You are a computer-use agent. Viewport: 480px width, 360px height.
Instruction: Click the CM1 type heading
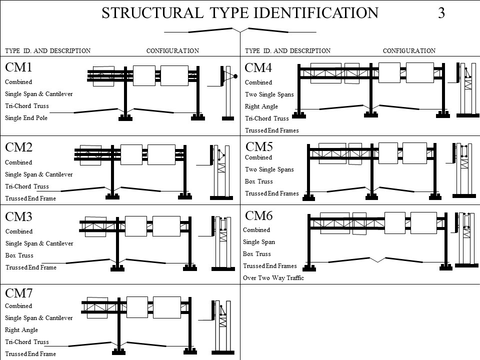click(x=18, y=67)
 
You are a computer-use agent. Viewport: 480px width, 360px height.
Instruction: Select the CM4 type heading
click(x=258, y=67)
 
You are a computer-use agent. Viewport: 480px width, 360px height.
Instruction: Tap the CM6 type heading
click(x=259, y=215)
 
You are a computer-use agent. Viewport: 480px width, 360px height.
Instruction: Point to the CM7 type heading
click(x=18, y=292)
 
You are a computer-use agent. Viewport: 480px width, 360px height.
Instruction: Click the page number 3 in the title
click(x=441, y=13)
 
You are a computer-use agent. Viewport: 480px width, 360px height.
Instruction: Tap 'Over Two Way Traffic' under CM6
click(x=273, y=277)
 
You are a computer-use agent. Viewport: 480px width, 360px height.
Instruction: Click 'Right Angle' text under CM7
click(x=21, y=330)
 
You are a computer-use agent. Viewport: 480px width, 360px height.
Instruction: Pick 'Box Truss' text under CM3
click(x=19, y=255)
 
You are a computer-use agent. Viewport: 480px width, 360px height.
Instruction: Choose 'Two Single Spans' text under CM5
click(x=269, y=169)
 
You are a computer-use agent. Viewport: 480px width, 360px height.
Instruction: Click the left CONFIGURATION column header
click(x=172, y=50)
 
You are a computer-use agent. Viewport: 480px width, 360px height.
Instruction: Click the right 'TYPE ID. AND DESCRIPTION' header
click(x=287, y=50)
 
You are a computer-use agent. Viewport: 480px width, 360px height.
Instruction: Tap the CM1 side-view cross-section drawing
click(x=227, y=92)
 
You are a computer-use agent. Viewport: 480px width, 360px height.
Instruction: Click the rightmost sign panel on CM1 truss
click(x=174, y=76)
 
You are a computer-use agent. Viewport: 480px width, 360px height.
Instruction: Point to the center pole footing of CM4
click(x=370, y=115)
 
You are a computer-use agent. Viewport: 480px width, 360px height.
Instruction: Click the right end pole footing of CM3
click(x=190, y=268)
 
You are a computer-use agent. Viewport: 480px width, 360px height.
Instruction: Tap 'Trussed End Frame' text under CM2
click(x=30, y=198)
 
